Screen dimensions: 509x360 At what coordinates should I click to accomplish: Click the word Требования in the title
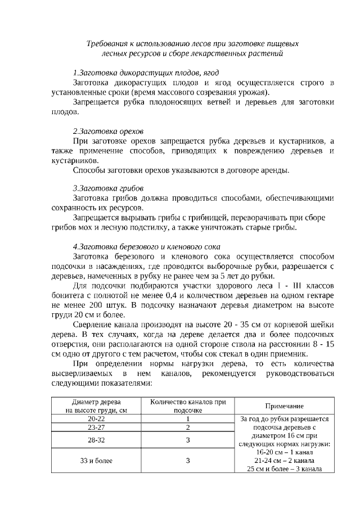pos(107,43)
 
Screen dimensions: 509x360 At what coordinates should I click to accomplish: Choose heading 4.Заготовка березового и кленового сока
pos(147,246)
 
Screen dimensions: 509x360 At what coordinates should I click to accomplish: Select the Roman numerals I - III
pos(264,285)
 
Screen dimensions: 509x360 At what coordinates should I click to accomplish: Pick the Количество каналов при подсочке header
pos(188,406)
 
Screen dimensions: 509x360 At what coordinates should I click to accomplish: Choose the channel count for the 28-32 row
pos(188,440)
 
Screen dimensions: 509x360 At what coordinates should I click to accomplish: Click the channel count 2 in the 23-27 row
pos(188,427)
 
